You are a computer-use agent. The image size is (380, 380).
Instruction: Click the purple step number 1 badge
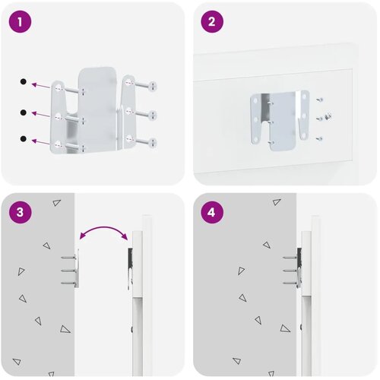20,21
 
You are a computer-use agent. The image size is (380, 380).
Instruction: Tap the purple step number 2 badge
212,21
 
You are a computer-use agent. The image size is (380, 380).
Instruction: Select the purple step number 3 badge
20,212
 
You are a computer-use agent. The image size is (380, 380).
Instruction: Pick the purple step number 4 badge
212,212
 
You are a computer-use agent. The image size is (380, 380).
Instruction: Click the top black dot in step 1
24,81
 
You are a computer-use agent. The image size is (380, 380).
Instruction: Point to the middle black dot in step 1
24,112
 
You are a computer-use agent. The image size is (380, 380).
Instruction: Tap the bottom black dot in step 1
24,139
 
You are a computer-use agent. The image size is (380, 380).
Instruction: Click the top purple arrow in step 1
40,85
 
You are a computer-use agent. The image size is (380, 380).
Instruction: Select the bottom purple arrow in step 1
40,142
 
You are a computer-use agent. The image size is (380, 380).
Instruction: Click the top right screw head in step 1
153,86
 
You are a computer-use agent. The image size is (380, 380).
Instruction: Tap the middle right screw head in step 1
153,115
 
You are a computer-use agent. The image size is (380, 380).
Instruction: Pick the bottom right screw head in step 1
153,143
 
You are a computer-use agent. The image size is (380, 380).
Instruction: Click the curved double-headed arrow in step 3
103,227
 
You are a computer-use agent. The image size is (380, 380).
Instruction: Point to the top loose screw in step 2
320,100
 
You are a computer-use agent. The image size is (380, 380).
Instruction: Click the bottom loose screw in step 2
319,138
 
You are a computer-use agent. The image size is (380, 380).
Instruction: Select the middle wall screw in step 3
68,271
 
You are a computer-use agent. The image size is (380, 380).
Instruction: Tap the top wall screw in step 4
290,258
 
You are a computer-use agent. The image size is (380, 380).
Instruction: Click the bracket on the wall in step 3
77,268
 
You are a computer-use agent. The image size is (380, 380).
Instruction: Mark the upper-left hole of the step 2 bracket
255,100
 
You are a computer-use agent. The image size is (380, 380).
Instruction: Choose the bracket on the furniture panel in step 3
130,268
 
